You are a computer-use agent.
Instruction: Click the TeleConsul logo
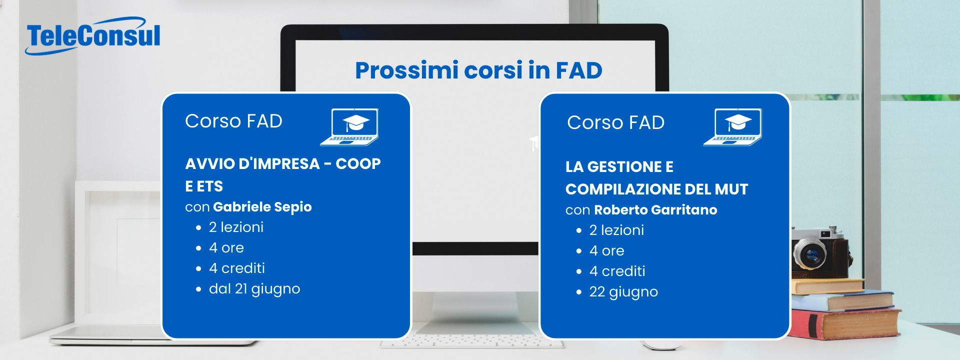[93, 36]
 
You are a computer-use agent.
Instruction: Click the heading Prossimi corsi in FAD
[478, 70]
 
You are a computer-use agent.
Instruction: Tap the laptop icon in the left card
[349, 127]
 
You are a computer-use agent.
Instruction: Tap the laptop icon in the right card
[732, 127]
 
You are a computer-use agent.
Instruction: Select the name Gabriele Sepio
[262, 207]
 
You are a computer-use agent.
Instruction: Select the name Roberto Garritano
[655, 210]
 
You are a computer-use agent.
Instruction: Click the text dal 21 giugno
[254, 289]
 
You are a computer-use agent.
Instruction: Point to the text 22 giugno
[623, 292]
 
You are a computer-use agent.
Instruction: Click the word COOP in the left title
[358, 164]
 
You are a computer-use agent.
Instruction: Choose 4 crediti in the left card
[237, 268]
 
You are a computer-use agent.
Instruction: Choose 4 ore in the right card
[607, 251]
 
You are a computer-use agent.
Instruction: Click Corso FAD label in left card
[233, 121]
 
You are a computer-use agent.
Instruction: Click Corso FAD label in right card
[615, 123]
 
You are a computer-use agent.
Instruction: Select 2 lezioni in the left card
[236, 227]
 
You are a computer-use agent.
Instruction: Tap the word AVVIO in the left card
[209, 164]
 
